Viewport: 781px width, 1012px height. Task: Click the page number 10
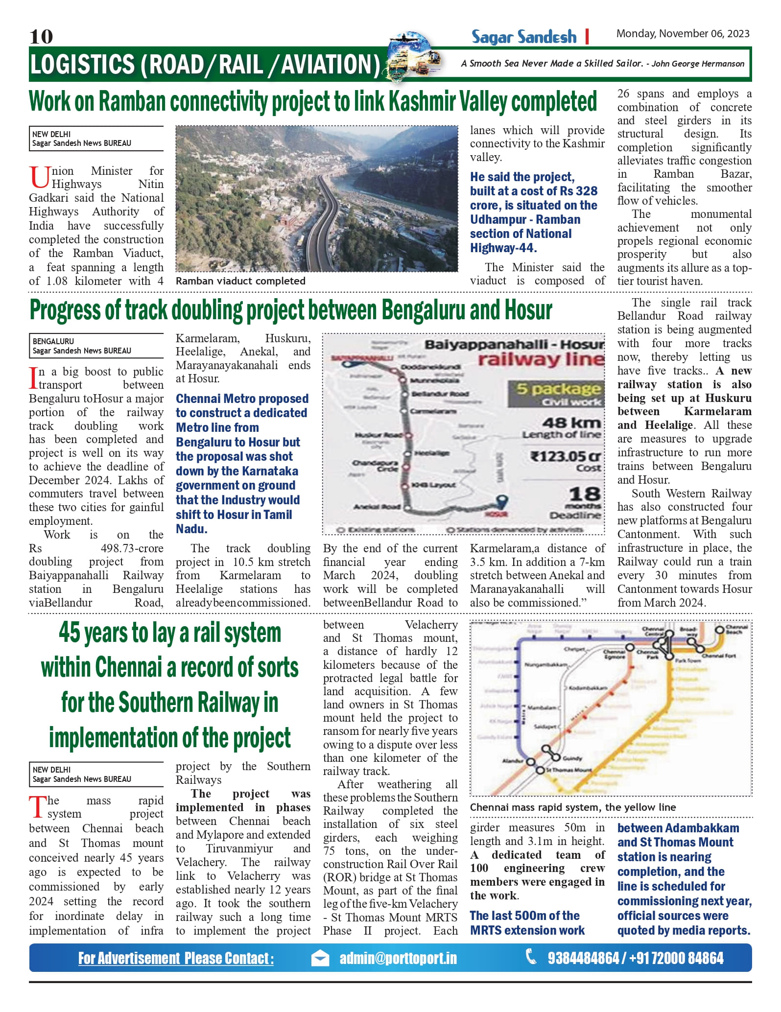pyautogui.click(x=41, y=36)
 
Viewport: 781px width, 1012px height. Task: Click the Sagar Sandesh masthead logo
pyautogui.click(x=524, y=37)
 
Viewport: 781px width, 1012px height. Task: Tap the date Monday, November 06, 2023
pyautogui.click(x=683, y=34)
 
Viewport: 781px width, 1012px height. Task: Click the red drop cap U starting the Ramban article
pyautogui.click(x=39, y=177)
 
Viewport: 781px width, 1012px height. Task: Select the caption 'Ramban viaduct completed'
pyautogui.click(x=240, y=281)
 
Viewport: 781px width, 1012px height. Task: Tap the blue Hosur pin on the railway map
pyautogui.click(x=501, y=502)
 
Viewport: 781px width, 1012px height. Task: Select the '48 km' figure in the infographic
pyautogui.click(x=571, y=423)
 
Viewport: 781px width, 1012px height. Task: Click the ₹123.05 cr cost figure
pyautogui.click(x=566, y=456)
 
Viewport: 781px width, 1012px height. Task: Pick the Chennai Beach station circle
pyautogui.click(x=719, y=630)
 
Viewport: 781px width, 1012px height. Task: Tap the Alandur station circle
pyautogui.click(x=530, y=761)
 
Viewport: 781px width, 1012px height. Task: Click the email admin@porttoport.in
pyautogui.click(x=398, y=958)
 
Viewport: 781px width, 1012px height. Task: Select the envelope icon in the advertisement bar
pyautogui.click(x=320, y=958)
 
